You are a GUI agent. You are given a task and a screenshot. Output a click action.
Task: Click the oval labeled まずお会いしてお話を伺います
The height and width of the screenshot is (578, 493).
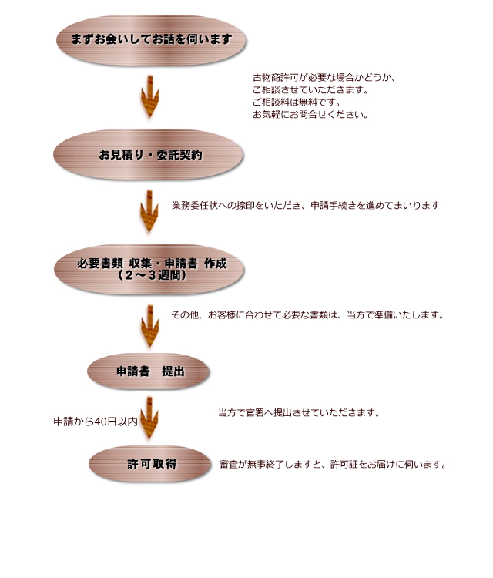tap(151, 40)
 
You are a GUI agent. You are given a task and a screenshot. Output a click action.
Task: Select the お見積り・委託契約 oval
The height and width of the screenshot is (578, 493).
tap(148, 154)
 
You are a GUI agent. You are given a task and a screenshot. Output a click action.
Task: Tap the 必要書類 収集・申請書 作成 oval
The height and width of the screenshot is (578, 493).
tap(149, 269)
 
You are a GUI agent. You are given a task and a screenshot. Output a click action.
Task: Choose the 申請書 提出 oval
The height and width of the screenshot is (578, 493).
tap(148, 371)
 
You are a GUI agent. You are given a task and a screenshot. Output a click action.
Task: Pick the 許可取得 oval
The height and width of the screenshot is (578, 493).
tap(149, 464)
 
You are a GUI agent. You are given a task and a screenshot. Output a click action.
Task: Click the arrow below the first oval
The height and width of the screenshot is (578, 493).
tap(150, 96)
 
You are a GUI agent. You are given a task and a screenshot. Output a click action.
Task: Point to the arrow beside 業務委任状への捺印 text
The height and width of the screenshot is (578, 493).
tap(149, 211)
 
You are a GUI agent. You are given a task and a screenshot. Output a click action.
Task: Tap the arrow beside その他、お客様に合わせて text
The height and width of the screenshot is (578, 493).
tap(150, 326)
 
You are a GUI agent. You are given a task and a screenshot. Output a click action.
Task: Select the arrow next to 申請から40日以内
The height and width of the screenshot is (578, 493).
tap(149, 418)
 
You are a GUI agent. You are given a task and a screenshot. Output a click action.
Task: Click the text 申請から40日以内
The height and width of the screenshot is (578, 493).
tap(96, 422)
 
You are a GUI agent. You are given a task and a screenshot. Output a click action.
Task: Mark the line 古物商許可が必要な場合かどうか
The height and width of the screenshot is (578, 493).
tap(324, 77)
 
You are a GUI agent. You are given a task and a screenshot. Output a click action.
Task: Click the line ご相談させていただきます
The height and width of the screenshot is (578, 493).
tap(310, 89)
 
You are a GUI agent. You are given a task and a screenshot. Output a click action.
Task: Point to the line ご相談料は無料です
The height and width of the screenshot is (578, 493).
tap(297, 102)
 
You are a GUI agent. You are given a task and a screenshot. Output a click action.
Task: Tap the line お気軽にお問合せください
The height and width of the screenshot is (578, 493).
tap(310, 114)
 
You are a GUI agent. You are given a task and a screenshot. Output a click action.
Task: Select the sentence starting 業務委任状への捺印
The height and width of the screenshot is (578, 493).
tap(306, 205)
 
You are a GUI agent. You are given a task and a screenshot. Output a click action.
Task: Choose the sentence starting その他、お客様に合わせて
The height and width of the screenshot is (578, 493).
tap(307, 315)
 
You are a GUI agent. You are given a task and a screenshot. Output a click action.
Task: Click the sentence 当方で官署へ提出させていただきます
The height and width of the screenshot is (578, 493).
tap(299, 412)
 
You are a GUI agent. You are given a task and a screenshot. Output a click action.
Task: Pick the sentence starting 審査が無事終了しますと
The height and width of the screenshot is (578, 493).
tap(333, 464)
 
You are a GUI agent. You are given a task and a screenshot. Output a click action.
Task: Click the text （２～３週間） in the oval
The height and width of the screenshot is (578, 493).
tap(152, 275)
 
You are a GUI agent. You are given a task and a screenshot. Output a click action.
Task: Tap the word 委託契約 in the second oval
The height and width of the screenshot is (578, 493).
tap(179, 155)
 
